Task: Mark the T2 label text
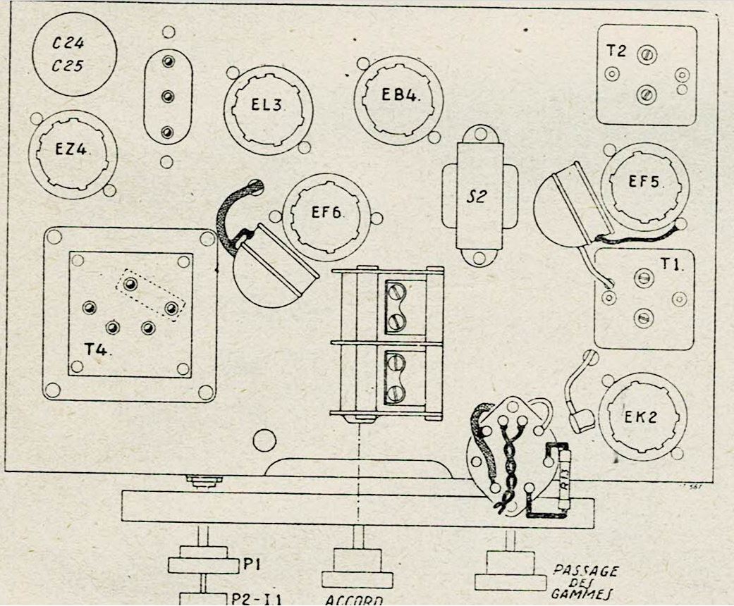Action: click(616, 51)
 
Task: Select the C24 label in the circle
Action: click(69, 42)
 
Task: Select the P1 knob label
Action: click(254, 564)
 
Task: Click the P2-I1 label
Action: click(257, 600)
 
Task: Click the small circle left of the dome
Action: click(264, 441)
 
